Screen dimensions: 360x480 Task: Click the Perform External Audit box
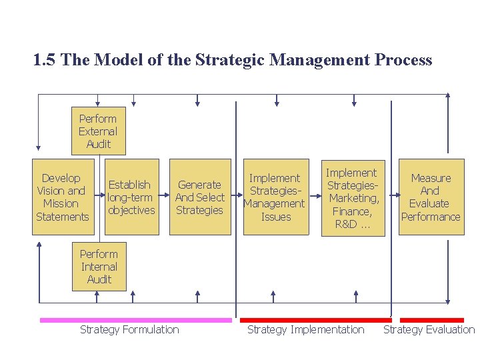point(98,131)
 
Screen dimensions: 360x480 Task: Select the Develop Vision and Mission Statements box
point(61,197)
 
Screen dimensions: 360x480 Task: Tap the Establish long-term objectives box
point(131,197)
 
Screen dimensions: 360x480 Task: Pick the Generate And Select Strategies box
point(199,197)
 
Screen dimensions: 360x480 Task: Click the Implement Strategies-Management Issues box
point(275,197)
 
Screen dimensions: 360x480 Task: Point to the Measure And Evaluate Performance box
point(430,197)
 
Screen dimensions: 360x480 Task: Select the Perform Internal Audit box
point(99,267)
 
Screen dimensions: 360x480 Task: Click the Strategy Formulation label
point(129,329)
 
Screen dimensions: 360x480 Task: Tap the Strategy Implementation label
point(305,329)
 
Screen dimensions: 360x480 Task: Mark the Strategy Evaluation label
point(429,329)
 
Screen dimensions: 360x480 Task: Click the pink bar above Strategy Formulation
point(135,320)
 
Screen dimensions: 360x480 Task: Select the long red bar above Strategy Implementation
point(315,320)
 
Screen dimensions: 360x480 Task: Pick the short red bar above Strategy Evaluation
point(431,320)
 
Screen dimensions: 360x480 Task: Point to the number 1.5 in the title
point(44,60)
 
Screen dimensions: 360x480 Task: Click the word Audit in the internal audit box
point(99,279)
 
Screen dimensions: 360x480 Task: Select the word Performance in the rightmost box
point(430,217)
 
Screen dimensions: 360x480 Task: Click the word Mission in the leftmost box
point(61,204)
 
